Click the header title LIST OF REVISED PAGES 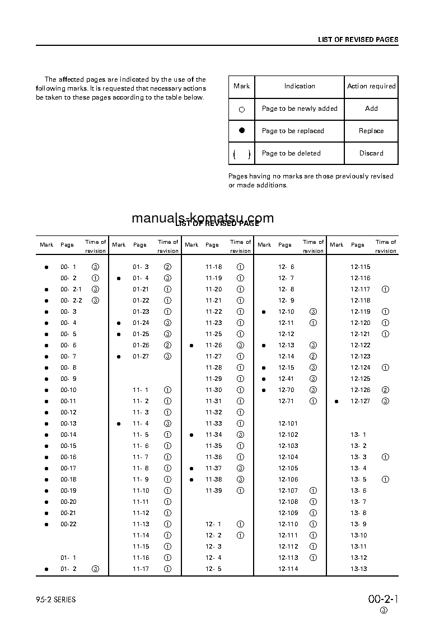(x=358, y=40)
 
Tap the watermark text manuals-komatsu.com (x=203, y=218)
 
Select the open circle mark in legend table (x=242, y=110)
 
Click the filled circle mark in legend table (x=242, y=130)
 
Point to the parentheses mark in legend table (x=242, y=154)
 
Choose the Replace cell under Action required (x=371, y=131)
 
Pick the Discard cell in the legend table (x=371, y=153)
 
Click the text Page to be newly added (x=300, y=108)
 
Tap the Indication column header (x=300, y=86)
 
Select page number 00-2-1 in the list (x=71, y=289)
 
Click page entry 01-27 (x=141, y=356)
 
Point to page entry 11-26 (x=213, y=345)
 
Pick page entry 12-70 (x=286, y=390)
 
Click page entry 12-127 (x=360, y=401)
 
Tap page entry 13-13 (x=359, y=569)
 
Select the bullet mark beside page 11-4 (x=119, y=423)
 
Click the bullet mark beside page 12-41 (x=263, y=379)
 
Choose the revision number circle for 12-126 (x=385, y=390)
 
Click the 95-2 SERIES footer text (x=55, y=600)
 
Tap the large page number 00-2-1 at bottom (x=384, y=599)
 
